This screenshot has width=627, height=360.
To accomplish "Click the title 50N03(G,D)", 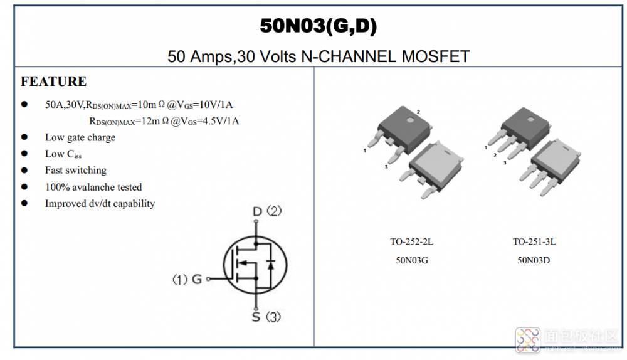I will tap(319, 26).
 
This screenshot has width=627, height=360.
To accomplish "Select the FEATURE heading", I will tap(53, 82).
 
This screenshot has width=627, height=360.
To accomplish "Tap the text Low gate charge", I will tap(80, 137).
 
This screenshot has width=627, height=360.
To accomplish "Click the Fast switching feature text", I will tap(76, 170).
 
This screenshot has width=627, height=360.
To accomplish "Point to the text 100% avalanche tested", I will tap(93, 187).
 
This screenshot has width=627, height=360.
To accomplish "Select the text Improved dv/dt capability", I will tap(100, 203).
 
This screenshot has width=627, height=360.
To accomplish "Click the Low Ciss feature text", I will tap(63, 154).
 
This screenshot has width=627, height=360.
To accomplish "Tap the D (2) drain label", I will tap(266, 211).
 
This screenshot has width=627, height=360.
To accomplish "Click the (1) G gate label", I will tap(187, 279).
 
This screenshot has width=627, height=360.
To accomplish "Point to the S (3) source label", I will tap(266, 317).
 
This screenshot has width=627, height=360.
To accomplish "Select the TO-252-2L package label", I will tap(411, 241).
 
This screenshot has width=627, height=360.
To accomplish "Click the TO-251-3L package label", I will tap(534, 241).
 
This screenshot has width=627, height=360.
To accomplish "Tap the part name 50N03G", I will tap(412, 260).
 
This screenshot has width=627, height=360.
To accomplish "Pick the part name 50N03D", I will tap(534, 260).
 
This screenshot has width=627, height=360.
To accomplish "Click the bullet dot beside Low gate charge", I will tap(25, 137).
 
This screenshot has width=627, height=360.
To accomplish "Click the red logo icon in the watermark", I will tap(527, 339).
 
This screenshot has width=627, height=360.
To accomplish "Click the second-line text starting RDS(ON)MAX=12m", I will tap(164, 121).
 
